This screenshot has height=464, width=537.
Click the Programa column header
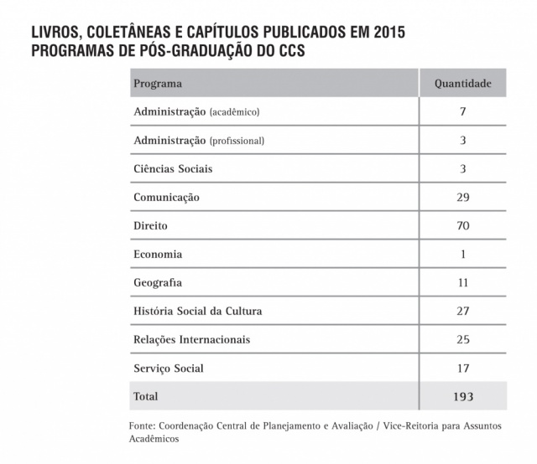pos(158,84)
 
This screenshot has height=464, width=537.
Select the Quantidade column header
pos(462,84)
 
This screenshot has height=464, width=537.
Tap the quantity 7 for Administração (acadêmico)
pos(462,111)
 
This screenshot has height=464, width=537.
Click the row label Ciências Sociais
pos(173,168)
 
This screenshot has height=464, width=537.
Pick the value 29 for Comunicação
pos(462,198)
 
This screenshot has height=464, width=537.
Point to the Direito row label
pos(150,226)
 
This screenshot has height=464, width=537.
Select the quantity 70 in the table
pos(462,226)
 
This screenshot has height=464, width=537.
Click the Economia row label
pos(158,254)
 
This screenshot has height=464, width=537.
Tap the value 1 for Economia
pos(462,254)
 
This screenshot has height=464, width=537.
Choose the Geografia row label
pos(158,282)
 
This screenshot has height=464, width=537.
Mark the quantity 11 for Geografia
pos(462,282)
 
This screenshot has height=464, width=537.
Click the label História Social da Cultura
pos(198,311)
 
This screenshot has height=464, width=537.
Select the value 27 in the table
pos(462,311)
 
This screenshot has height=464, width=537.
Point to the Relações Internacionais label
pos(192,339)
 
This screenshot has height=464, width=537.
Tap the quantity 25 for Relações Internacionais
pos(462,339)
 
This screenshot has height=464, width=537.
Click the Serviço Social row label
pos(169,368)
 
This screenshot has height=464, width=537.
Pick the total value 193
pos(462,396)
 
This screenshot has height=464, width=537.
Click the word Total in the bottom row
pos(146,396)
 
